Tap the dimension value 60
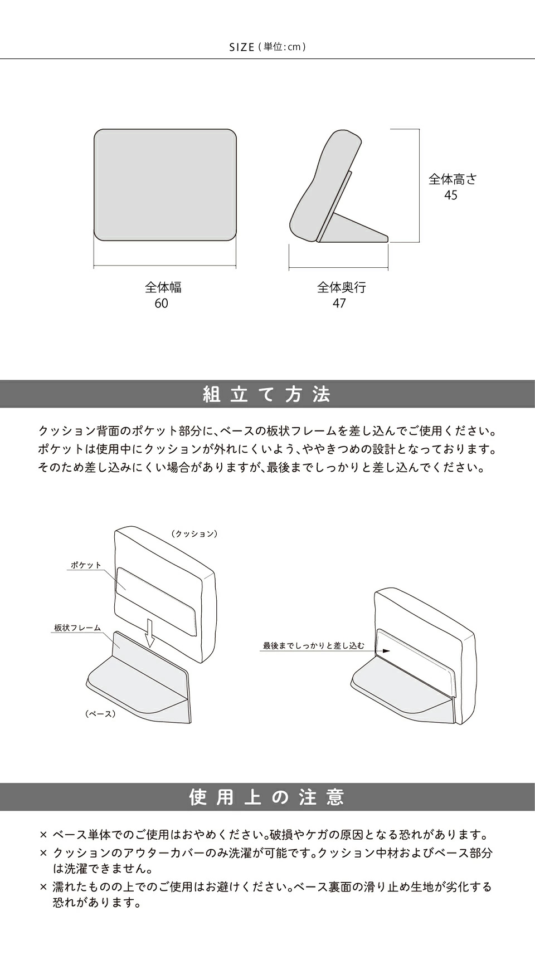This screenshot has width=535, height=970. pyautogui.click(x=162, y=303)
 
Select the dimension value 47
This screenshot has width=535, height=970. pyautogui.click(x=339, y=303)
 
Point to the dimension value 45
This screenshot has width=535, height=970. pyautogui.click(x=451, y=195)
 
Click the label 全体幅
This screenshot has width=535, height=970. pyautogui.click(x=163, y=287)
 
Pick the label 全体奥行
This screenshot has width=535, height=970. pyautogui.click(x=342, y=287)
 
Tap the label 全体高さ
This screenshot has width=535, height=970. pyautogui.click(x=453, y=179)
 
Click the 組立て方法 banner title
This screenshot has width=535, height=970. pyautogui.click(x=267, y=395)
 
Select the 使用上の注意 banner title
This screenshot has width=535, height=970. pyautogui.click(x=267, y=797)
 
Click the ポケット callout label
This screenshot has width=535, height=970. pyautogui.click(x=86, y=565)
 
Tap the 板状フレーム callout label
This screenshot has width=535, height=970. pyautogui.click(x=77, y=628)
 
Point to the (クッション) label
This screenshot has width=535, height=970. pyautogui.click(x=194, y=534)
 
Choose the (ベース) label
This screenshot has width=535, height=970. pyautogui.click(x=100, y=714)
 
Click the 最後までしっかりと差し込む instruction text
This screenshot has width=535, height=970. pyautogui.click(x=314, y=646)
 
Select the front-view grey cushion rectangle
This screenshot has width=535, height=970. pyautogui.click(x=165, y=185)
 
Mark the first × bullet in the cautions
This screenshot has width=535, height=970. pyautogui.click(x=43, y=835)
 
